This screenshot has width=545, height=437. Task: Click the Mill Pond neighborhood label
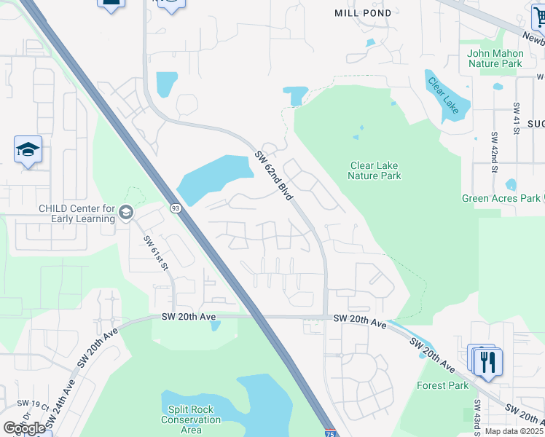coord(362,13)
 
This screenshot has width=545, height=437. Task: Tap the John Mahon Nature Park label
coord(495,58)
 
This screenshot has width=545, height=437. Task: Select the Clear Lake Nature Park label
coord(375,170)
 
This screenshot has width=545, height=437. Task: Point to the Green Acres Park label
coord(501,198)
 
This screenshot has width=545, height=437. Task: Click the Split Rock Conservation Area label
coord(191,420)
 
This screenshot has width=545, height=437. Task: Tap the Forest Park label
coord(442,385)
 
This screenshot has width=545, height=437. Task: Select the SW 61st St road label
coord(156,253)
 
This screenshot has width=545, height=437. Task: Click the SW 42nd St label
coord(495,146)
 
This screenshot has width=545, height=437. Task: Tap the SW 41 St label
coord(516,117)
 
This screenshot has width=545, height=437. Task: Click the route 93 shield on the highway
coord(175,208)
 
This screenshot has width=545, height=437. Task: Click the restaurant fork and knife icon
coord(489,361)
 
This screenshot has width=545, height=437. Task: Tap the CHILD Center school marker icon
coord(125,212)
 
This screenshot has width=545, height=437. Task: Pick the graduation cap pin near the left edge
coord(28,150)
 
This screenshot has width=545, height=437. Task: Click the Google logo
coord(24,428)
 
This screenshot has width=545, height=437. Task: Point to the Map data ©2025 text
coord(514,431)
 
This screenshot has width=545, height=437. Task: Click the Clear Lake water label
coord(444,95)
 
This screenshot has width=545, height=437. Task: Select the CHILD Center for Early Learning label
coord(77,213)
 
